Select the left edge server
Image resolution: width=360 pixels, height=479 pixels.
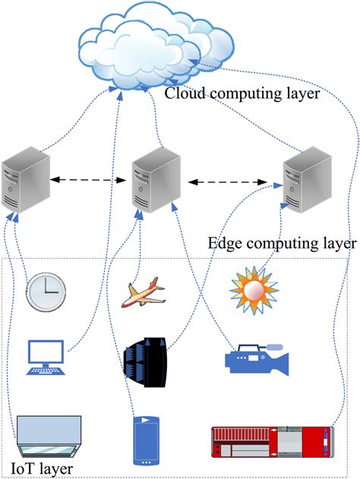tap(26, 182)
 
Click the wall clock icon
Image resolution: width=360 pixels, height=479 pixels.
tap(46, 292)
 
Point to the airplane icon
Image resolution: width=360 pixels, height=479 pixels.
tap(144, 293)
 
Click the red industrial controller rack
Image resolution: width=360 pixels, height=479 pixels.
tap(271, 443)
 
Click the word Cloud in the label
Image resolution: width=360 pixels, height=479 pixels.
tap(184, 95)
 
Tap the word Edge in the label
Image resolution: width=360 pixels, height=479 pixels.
tap(223, 244)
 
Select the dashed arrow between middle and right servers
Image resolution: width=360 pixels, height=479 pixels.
tap(231, 182)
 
